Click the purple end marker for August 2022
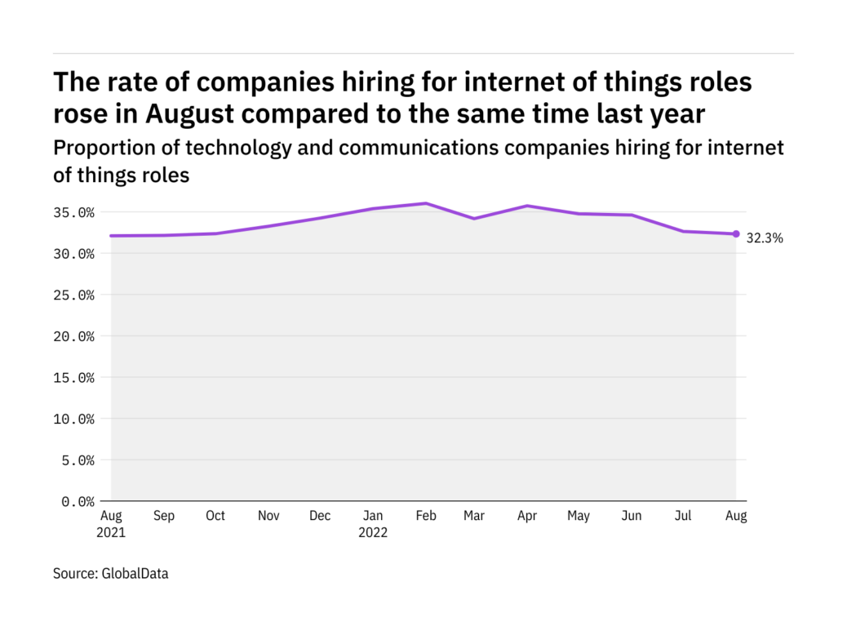[x=735, y=234]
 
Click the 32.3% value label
[x=765, y=239]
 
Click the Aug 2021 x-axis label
[x=111, y=524]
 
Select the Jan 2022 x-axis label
[x=374, y=524]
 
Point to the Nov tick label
[x=268, y=516]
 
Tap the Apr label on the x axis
[x=527, y=516]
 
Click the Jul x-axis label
[x=684, y=516]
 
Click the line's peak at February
[x=424, y=203]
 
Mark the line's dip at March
[x=475, y=219]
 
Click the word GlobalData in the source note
[x=135, y=574]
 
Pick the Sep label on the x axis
[x=163, y=516]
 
